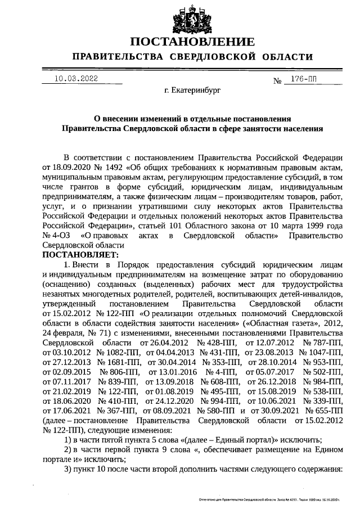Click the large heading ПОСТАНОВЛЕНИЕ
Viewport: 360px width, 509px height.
(192, 42)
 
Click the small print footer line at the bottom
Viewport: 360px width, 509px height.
(269, 499)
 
